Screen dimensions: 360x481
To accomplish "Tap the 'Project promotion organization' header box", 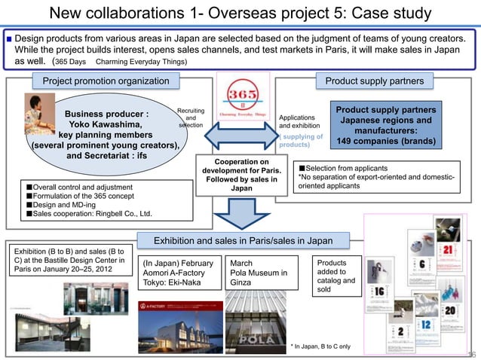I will point(105,81).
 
